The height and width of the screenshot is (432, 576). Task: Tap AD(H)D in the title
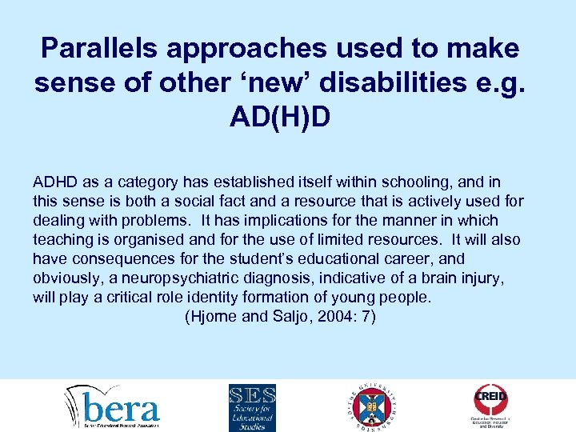[x=279, y=118]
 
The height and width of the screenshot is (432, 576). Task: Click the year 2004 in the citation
[x=330, y=317]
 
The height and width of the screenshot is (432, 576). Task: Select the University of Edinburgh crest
[x=373, y=406]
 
